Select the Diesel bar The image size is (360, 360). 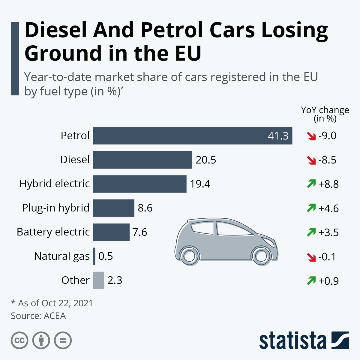click(x=142, y=160)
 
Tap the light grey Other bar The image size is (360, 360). click(x=98, y=280)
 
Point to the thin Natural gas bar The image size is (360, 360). click(x=94, y=256)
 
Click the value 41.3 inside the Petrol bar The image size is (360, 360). click(x=278, y=136)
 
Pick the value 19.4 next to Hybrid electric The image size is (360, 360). click(x=200, y=184)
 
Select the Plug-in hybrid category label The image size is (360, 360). click(x=56, y=208)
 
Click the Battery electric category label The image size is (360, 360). click(x=53, y=232)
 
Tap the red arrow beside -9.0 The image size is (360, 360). click(x=311, y=136)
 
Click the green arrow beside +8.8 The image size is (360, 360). click(x=311, y=184)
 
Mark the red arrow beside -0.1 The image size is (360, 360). click(x=311, y=257)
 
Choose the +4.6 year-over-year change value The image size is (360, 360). click(x=328, y=208)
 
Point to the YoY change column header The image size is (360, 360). click(x=325, y=114)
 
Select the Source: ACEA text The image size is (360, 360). click(x=38, y=316)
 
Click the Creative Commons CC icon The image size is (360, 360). click(x=19, y=340)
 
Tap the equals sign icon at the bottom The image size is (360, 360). click(x=63, y=340)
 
